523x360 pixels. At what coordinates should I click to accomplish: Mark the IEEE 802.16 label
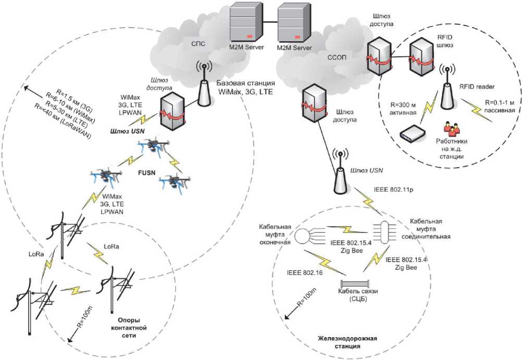[x=309, y=271]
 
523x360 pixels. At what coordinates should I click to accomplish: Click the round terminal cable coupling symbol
[x=302, y=237]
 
